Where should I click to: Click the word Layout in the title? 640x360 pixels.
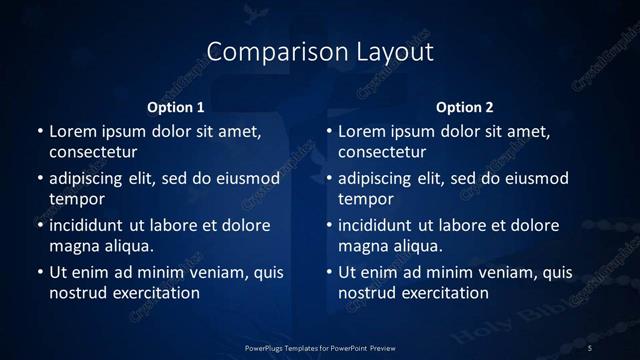(396, 51)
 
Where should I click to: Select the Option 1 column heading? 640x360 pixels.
(176, 106)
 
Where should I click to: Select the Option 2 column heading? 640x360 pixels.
(465, 106)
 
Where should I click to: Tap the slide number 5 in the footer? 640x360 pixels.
(590, 347)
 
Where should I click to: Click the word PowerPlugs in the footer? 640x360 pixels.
(269, 347)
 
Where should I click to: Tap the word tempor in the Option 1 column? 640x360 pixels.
(77, 199)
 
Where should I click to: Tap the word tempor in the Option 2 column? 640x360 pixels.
(366, 199)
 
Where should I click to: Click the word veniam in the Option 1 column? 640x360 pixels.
(212, 272)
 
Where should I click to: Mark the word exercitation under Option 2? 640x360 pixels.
(443, 293)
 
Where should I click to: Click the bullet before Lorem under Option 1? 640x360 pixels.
(40, 131)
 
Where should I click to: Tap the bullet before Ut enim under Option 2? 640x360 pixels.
(329, 272)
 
